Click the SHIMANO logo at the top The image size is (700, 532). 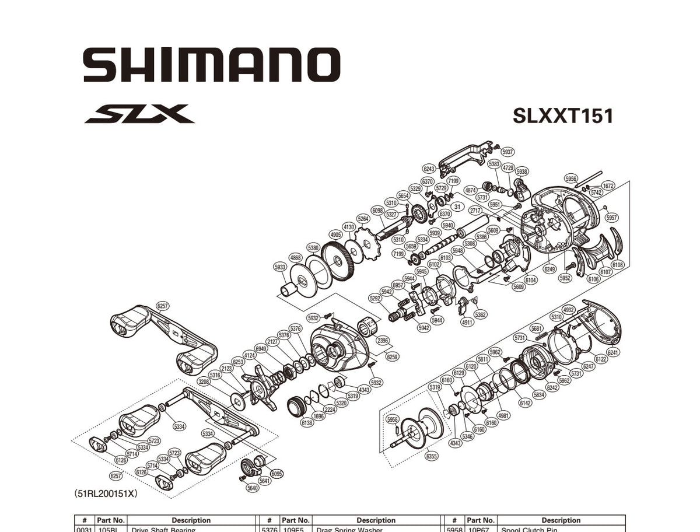211,64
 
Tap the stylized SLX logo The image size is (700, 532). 140,113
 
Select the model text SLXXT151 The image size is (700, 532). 563,116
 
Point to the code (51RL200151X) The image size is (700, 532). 106,494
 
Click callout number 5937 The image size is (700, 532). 508,152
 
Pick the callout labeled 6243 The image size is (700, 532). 429,169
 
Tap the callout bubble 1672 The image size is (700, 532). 608,186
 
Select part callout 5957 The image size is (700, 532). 611,218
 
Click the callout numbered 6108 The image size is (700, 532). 618,265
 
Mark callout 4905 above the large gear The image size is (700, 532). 335,235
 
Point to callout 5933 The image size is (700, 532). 280,267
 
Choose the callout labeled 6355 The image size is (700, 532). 431,456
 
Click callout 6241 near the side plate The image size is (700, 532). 613,352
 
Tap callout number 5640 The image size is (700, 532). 252,488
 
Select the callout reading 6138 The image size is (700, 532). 307,423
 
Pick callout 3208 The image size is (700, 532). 204,381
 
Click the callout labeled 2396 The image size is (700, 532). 383,341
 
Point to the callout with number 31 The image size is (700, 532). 457,206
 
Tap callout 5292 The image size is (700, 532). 375,298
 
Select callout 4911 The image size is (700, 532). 467,322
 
